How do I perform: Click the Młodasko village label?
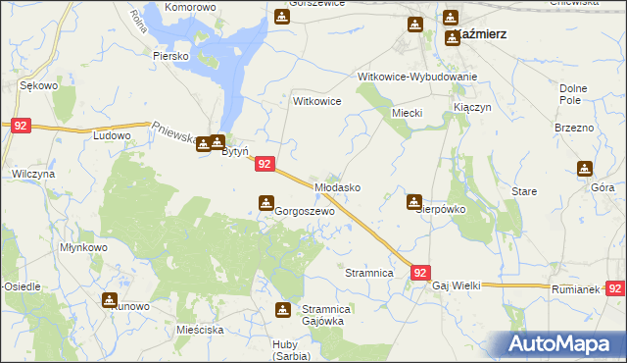[x=338, y=186]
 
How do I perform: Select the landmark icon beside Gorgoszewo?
[x=265, y=203]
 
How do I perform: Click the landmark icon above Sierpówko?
[x=414, y=201]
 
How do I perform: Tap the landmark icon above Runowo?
[x=109, y=299]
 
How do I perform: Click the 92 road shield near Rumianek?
[x=615, y=288]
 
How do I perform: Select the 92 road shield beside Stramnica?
[x=420, y=273]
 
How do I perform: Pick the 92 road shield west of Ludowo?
[x=22, y=126]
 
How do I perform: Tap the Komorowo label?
[x=190, y=7]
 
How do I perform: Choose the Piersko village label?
[x=170, y=56]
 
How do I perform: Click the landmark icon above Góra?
[x=585, y=168]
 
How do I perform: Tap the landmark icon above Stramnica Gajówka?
[x=283, y=311]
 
